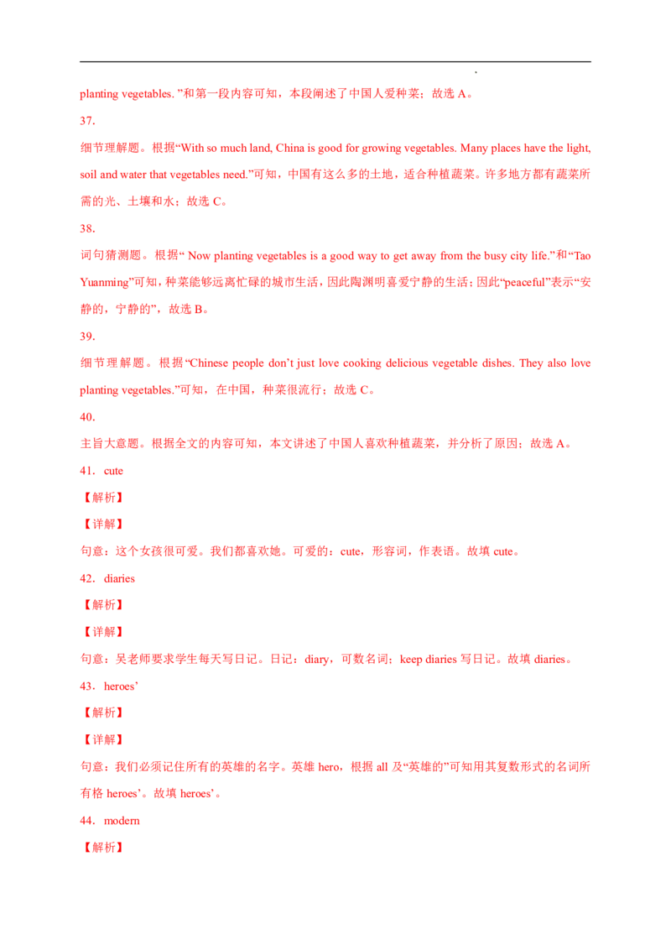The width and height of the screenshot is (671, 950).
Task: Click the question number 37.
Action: (x=87, y=121)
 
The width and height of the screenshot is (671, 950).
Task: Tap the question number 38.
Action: (x=87, y=228)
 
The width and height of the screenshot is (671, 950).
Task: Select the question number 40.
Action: (x=87, y=417)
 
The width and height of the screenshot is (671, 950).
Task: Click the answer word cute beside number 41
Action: (x=113, y=471)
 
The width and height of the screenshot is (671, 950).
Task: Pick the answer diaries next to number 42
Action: (x=119, y=578)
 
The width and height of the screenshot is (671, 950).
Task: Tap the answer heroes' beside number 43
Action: (x=121, y=686)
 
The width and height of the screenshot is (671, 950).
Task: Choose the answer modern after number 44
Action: (x=122, y=821)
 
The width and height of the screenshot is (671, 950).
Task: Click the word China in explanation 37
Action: (x=290, y=148)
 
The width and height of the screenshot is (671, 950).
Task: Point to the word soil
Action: (x=88, y=175)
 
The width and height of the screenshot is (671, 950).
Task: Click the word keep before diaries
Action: (x=411, y=659)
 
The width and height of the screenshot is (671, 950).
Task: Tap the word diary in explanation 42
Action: (x=317, y=659)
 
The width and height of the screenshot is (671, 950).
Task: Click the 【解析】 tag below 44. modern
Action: (x=103, y=847)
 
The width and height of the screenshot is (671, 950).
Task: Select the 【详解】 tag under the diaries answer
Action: (x=103, y=632)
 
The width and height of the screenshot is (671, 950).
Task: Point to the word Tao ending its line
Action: (x=582, y=256)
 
